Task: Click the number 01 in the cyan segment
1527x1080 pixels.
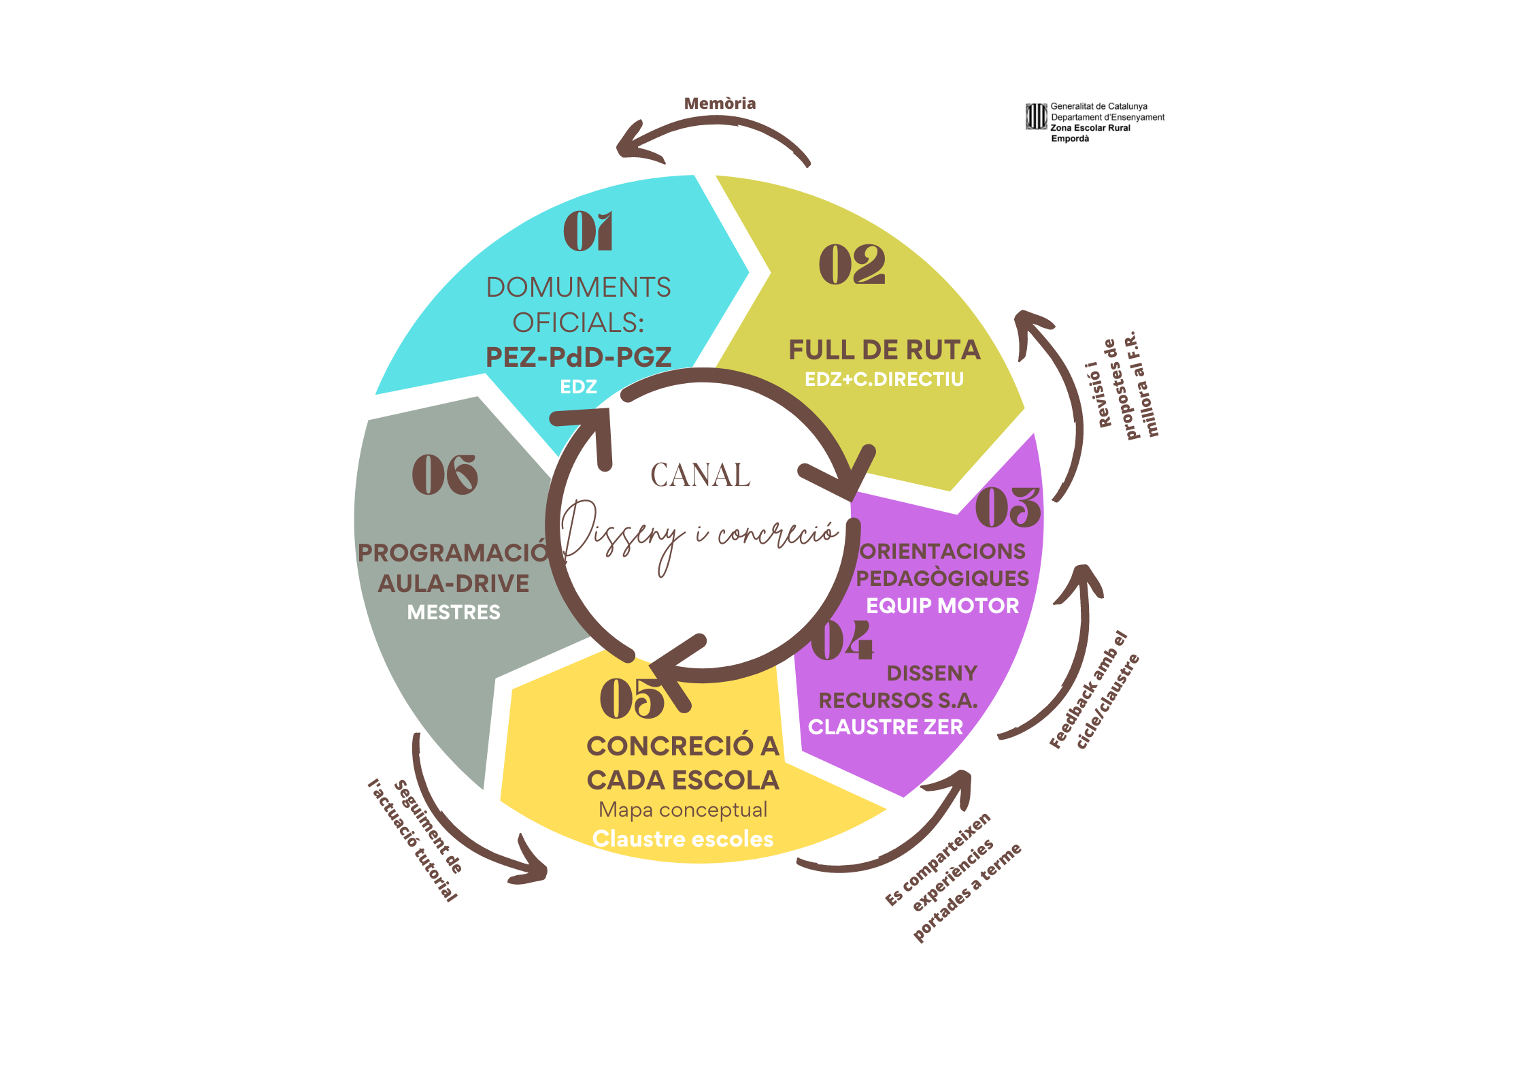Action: (588, 231)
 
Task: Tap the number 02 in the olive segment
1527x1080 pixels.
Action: (852, 265)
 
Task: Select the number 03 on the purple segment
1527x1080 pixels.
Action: (1007, 508)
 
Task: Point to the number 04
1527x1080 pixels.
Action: (842, 640)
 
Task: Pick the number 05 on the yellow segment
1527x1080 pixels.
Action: (632, 698)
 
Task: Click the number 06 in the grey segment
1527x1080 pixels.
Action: (445, 475)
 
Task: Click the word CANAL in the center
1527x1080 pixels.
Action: (700, 475)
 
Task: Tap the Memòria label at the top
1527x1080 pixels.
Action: (720, 103)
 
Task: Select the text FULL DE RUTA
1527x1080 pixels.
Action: (884, 350)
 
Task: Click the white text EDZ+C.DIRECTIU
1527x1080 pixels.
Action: (884, 379)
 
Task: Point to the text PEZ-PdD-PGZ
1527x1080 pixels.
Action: (578, 357)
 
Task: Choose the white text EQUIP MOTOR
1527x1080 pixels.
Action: (942, 606)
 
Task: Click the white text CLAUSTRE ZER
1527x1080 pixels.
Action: (886, 727)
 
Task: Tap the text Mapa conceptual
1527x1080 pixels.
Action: (683, 810)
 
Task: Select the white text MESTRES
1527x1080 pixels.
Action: (454, 612)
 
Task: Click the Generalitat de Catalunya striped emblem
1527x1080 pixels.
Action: (1036, 116)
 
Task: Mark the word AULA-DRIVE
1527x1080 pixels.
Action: (454, 583)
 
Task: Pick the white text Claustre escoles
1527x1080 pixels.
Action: (683, 839)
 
